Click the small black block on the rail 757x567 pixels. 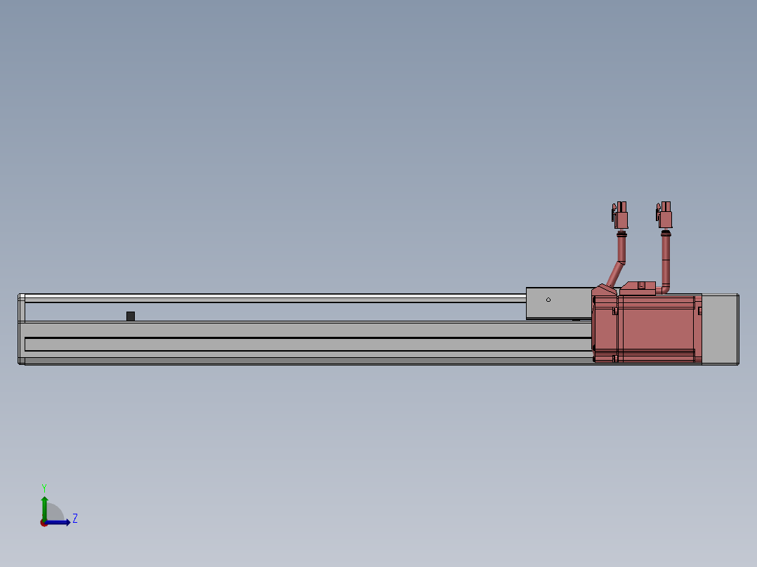pos(131,316)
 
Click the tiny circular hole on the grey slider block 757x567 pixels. pos(548,300)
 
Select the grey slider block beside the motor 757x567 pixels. pos(559,303)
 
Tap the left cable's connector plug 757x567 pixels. pos(620,215)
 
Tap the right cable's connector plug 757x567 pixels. pos(664,215)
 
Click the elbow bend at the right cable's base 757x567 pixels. pos(664,290)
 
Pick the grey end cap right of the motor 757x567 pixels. pos(720,329)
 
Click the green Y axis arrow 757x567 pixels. pos(44,509)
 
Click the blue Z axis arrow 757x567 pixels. pos(57,523)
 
